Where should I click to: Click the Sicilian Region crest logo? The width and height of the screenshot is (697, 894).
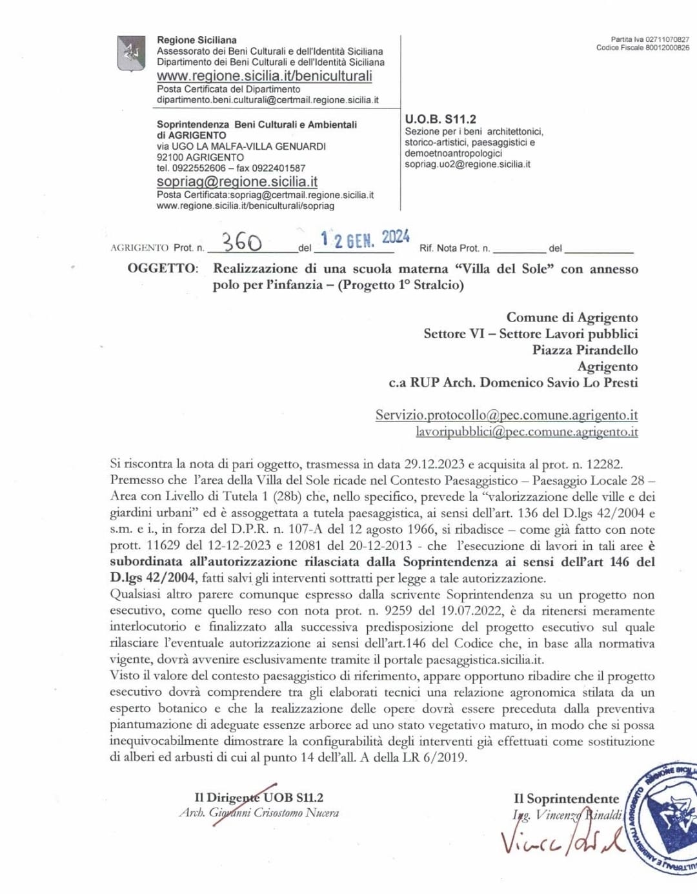(x=131, y=53)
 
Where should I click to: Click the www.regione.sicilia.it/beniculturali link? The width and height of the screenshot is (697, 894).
(x=265, y=76)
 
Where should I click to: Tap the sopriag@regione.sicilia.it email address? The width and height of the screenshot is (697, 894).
(x=237, y=181)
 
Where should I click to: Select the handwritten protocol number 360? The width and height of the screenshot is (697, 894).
(x=242, y=242)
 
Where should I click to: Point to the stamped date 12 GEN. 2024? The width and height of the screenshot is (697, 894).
(x=365, y=239)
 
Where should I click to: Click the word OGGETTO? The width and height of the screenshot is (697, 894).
(x=163, y=269)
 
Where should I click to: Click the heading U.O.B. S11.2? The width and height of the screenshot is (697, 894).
(x=440, y=119)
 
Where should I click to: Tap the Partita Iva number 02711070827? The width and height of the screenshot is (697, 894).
(x=667, y=39)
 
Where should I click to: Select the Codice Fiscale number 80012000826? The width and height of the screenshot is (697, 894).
(x=667, y=48)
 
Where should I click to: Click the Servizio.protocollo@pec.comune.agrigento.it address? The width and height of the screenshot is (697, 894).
(x=507, y=415)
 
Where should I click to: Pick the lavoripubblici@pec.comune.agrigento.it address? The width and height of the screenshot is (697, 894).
(x=527, y=432)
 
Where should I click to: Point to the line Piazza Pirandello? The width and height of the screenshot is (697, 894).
(x=585, y=350)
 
